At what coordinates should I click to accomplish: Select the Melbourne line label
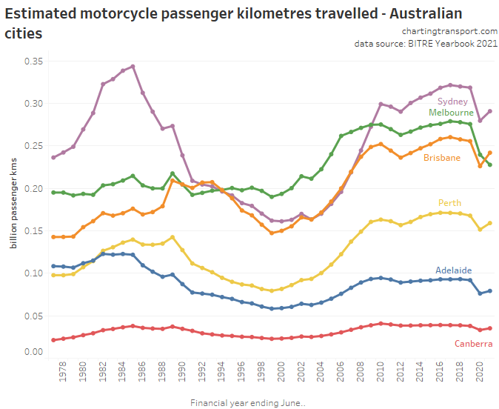click(451, 112)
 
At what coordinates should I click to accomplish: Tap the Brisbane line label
click(442, 158)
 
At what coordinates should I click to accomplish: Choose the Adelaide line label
click(454, 270)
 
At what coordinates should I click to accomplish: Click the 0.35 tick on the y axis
click(33, 61)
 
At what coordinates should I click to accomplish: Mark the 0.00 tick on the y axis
click(33, 352)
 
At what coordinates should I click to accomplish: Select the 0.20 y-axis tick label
click(33, 189)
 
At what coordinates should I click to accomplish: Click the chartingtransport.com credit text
click(449, 31)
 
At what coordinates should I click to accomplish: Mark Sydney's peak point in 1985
click(133, 67)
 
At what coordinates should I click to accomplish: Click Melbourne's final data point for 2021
click(489, 164)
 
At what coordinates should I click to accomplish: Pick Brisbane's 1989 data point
click(173, 180)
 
